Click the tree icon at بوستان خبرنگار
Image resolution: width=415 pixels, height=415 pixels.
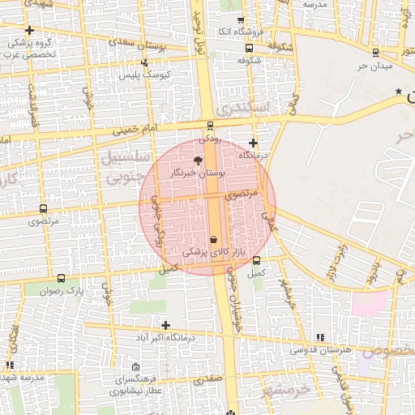199,160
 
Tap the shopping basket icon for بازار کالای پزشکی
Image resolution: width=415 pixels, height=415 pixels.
213,240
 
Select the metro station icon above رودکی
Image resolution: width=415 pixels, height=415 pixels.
211,126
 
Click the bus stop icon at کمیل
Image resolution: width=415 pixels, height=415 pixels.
257,261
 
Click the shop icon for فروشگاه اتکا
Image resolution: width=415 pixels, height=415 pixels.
239,21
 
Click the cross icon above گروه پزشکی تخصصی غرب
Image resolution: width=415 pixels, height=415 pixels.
28,30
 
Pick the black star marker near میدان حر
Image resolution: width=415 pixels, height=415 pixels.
398,91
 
